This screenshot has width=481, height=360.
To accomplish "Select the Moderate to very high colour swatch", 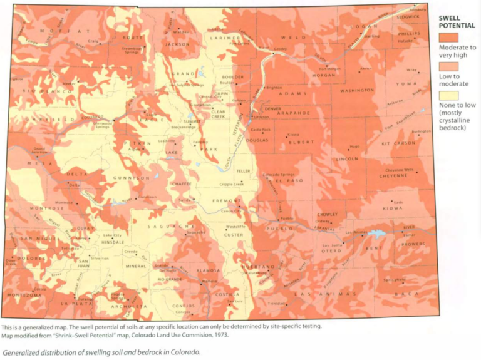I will (448, 38).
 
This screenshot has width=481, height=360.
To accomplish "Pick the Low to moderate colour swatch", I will (448, 66).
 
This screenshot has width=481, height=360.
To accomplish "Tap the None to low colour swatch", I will (448, 95).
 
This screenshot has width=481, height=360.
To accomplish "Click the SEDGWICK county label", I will (408, 17).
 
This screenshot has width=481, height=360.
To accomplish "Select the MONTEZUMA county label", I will (24, 294).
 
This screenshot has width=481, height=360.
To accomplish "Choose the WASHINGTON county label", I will (356, 90).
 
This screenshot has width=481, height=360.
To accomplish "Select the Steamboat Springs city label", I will (132, 50).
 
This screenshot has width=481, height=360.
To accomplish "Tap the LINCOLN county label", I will (347, 159).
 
